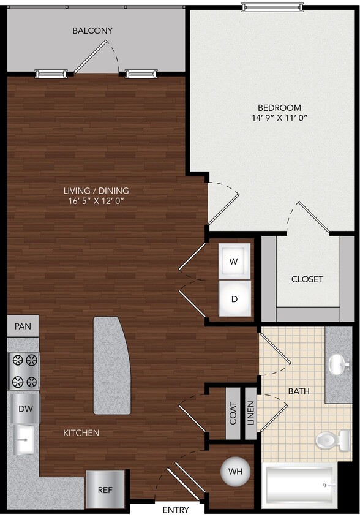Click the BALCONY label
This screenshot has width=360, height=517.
click(92, 30)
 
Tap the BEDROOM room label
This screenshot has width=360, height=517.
click(271, 108)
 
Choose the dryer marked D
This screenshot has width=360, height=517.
click(234, 300)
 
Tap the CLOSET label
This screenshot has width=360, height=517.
click(307, 279)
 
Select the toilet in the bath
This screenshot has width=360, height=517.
click(326, 439)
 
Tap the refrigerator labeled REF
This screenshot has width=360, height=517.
click(105, 490)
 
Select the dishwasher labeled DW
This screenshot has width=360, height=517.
click(25, 409)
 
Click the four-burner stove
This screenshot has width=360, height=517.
click(24, 372)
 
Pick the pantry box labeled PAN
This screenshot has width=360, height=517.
click(23, 326)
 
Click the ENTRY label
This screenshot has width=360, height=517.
click(175, 510)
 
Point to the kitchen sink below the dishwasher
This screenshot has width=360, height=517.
click(24, 439)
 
